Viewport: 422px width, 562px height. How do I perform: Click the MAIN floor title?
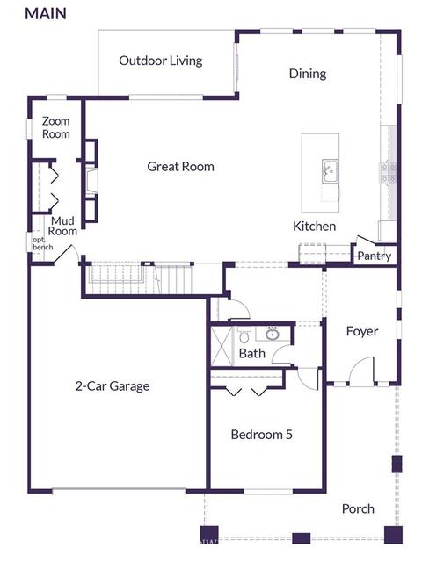(x=46, y=14)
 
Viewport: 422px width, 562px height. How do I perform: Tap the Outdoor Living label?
(x=161, y=61)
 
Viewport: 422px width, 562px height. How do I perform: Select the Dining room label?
(x=308, y=74)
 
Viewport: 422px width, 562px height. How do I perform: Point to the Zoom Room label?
(x=56, y=127)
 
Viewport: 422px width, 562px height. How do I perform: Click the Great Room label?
(x=180, y=167)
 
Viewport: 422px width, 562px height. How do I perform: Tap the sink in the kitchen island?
(x=331, y=171)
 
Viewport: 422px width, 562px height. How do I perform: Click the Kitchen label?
(x=315, y=227)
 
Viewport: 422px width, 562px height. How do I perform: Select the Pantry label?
(x=375, y=256)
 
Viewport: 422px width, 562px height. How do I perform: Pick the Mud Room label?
(x=62, y=226)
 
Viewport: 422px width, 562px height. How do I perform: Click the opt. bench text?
(x=43, y=243)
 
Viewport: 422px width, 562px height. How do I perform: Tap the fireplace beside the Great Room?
(x=91, y=181)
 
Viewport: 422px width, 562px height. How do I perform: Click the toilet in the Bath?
(x=244, y=335)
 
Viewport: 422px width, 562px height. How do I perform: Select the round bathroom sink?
(x=273, y=334)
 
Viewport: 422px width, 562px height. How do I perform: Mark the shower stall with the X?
(x=222, y=346)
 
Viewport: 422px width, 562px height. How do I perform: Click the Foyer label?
(x=362, y=332)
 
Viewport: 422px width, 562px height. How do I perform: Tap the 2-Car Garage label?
(x=113, y=386)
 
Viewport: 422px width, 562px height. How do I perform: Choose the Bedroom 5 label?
(x=262, y=435)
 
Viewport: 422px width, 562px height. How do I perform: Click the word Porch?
(x=358, y=509)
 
